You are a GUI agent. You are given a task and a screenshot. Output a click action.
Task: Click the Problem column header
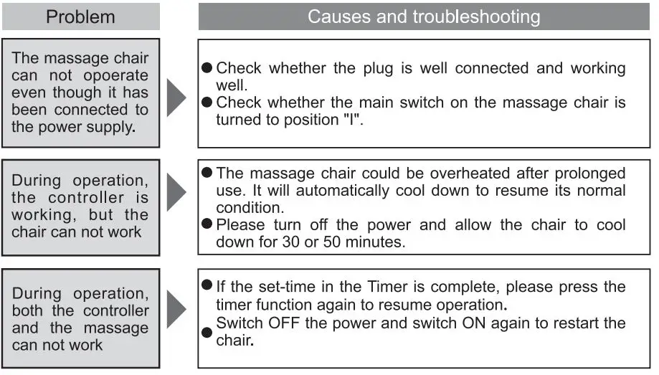click(80, 16)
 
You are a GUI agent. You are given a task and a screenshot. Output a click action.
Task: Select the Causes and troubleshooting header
click(424, 16)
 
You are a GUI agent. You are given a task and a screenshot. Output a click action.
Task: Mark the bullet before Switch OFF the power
click(207, 332)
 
